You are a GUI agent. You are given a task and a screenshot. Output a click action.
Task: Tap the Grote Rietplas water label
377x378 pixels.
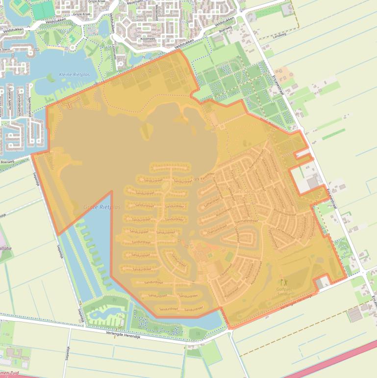pyautogui.click(x=101, y=207)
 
